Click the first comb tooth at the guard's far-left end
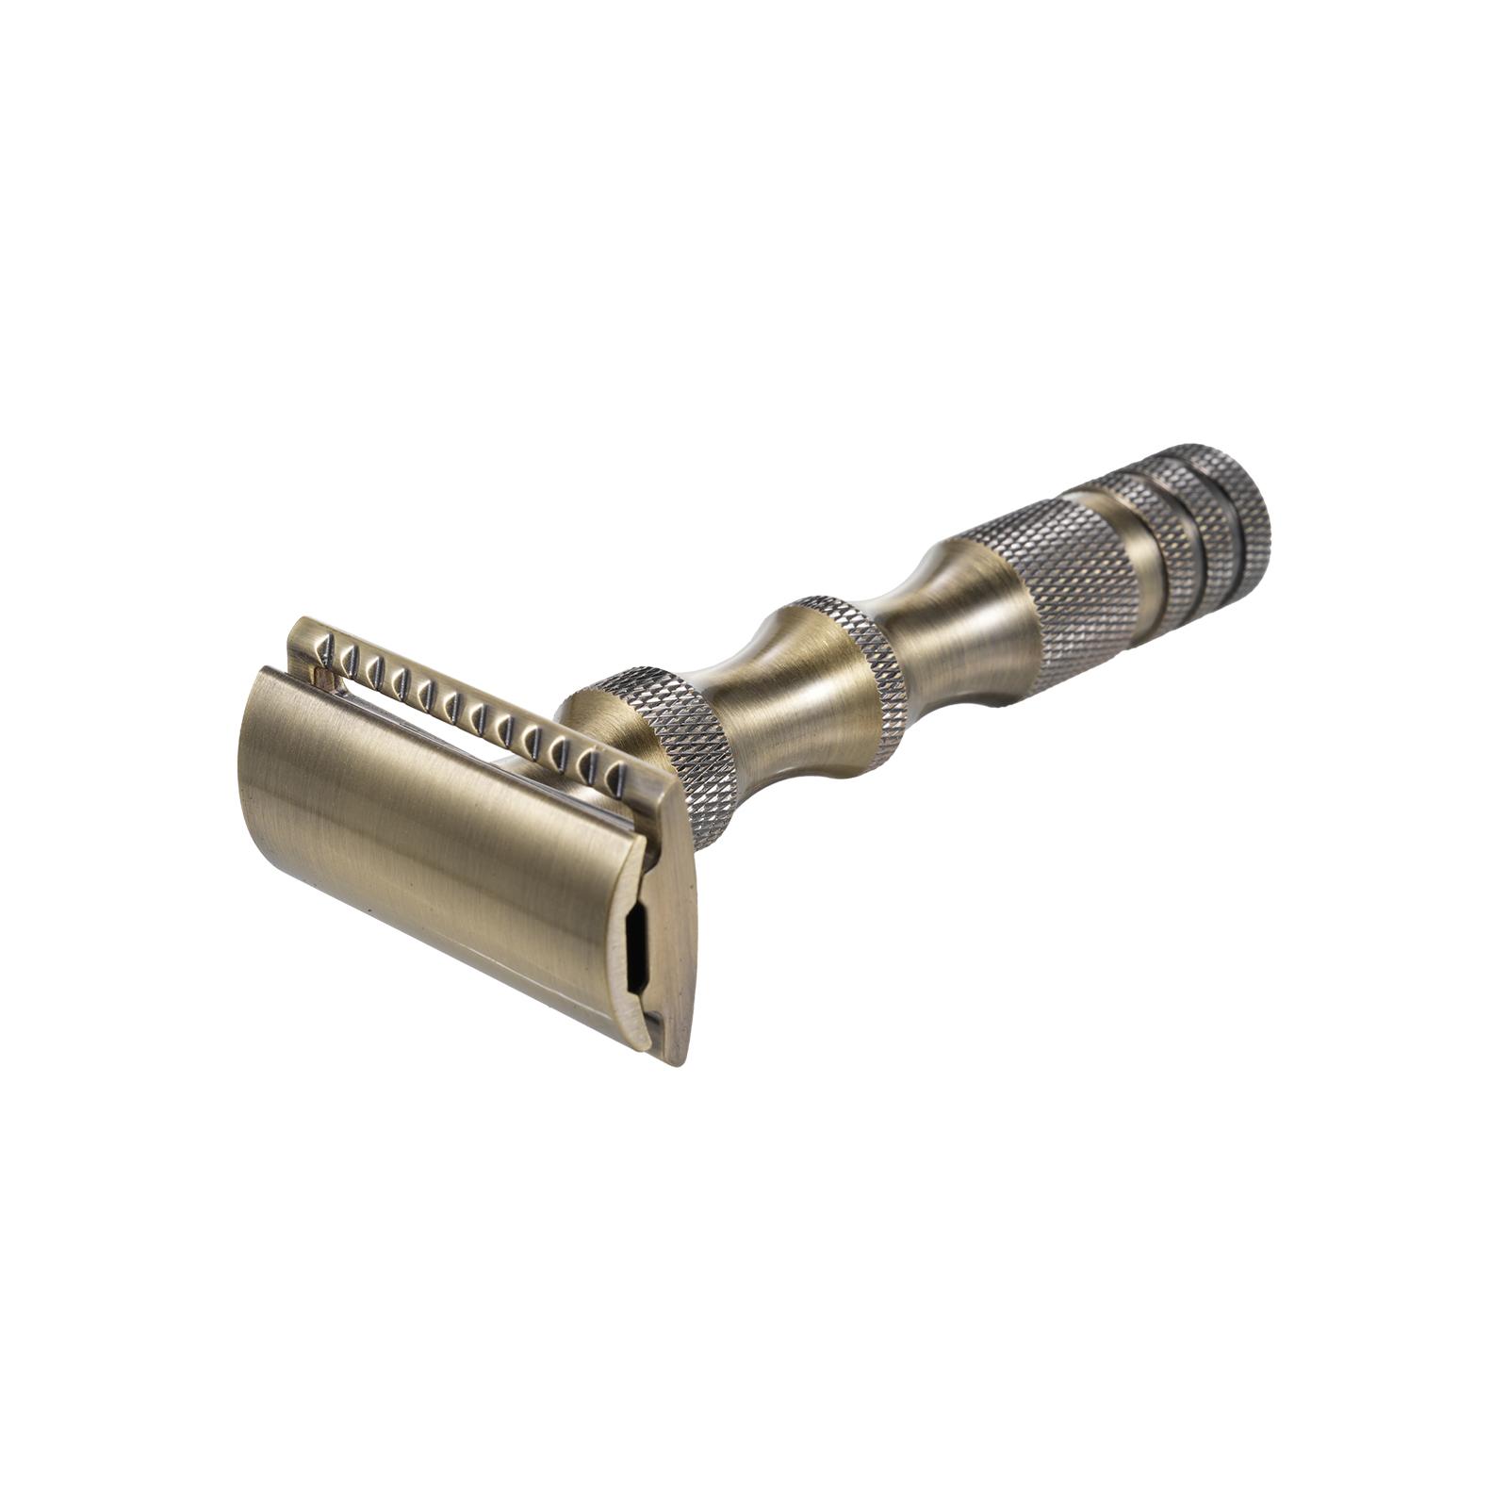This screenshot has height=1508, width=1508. point(325,646)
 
